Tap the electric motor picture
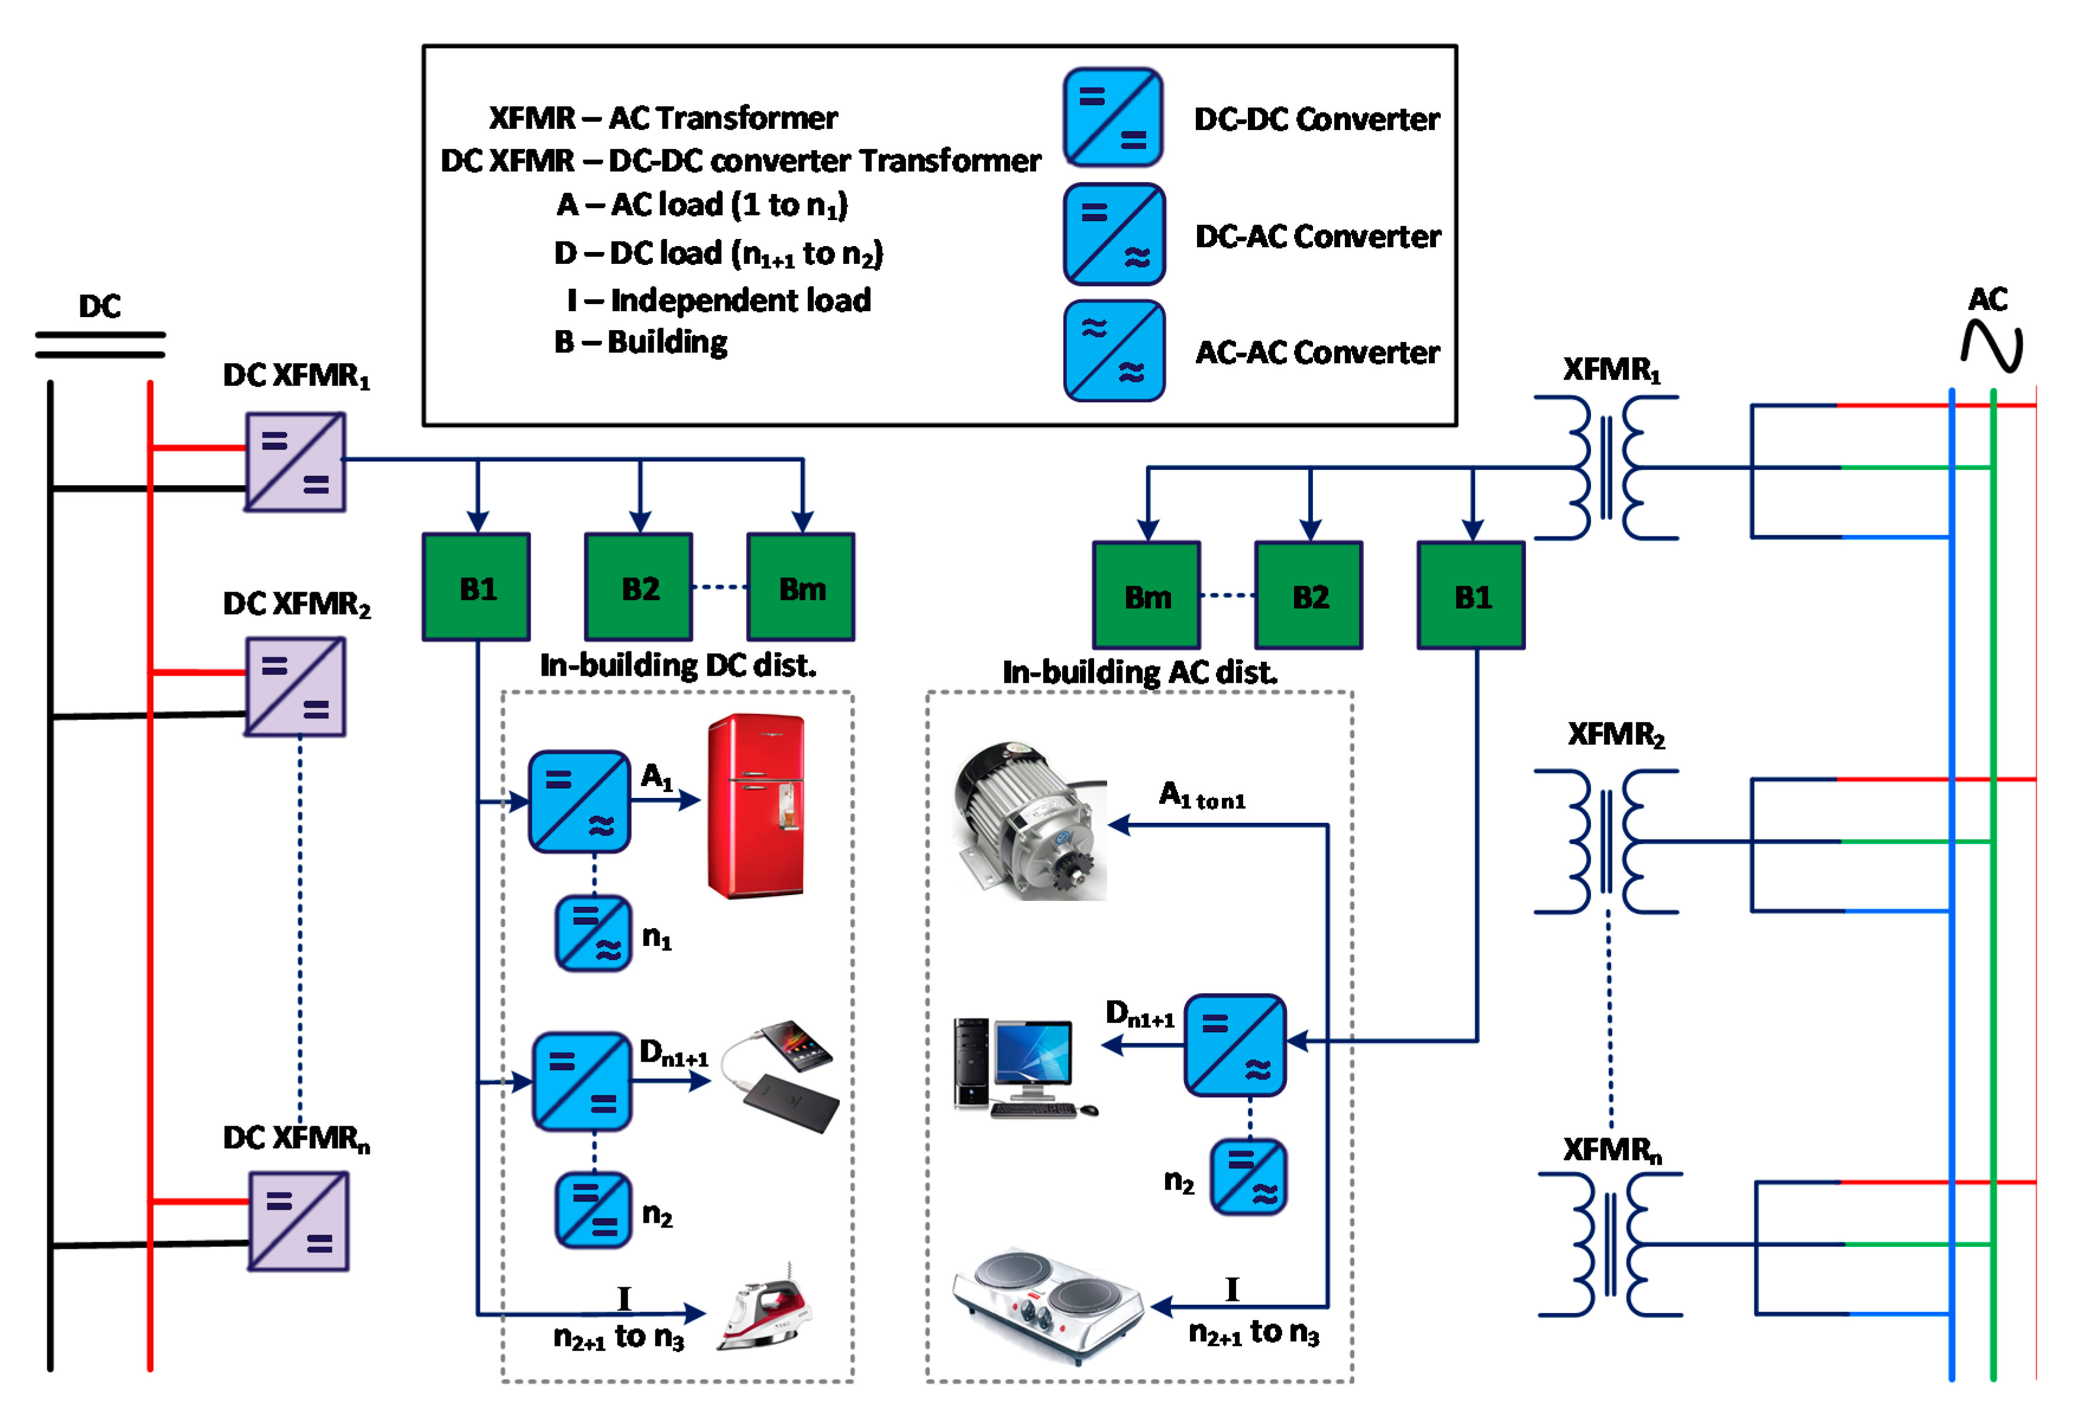(x=1029, y=820)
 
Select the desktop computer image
(x=1023, y=1067)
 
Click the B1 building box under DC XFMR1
(x=476, y=588)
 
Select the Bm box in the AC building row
(x=1146, y=596)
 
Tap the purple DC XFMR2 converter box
(x=295, y=687)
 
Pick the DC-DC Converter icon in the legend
(x=1113, y=117)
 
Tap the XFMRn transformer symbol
(x=1610, y=1245)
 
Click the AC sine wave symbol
(x=1991, y=346)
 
